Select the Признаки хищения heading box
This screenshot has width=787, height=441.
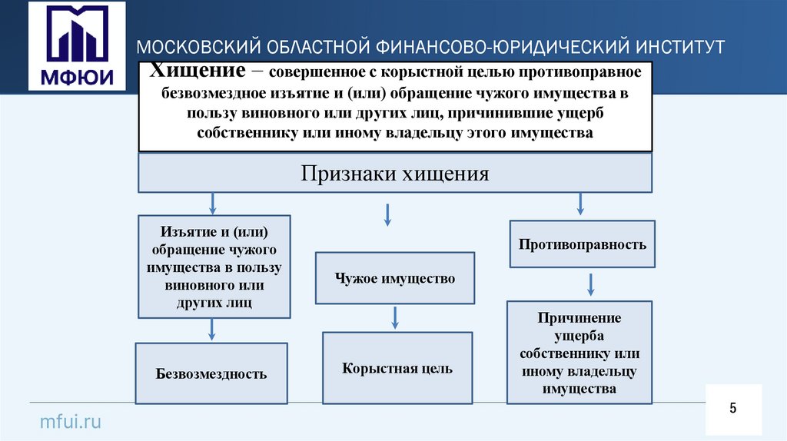coord(395,174)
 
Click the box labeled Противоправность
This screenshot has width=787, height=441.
coord(582,244)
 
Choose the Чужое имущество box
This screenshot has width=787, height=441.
coord(395,278)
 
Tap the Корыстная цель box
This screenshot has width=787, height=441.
coord(397,368)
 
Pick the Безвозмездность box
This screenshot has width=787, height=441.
coord(211,374)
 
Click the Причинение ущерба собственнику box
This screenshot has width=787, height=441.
coord(579,353)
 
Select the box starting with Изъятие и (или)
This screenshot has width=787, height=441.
coord(214,267)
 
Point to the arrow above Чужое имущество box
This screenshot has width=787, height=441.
coord(388,215)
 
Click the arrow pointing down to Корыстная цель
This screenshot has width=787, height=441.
coord(395,317)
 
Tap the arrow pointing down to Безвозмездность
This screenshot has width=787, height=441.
coord(212,330)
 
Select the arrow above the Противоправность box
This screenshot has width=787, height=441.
coord(581,204)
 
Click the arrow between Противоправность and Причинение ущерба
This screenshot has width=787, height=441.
coord(590,284)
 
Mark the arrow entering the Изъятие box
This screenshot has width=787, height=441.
coord(212,204)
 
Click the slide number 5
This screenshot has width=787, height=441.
coord(733,408)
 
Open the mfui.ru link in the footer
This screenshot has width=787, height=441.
coord(70,421)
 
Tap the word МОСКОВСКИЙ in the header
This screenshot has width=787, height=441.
coord(198,47)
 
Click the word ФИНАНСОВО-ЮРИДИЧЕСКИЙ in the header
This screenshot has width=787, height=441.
coord(499,47)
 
